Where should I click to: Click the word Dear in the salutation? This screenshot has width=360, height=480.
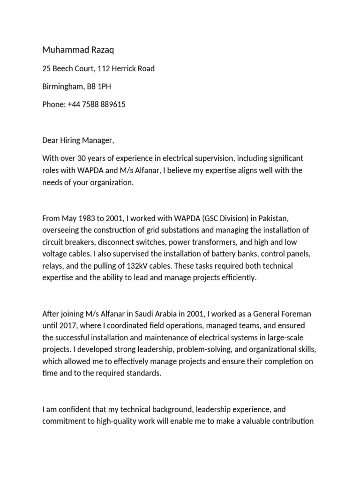[50, 140]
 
